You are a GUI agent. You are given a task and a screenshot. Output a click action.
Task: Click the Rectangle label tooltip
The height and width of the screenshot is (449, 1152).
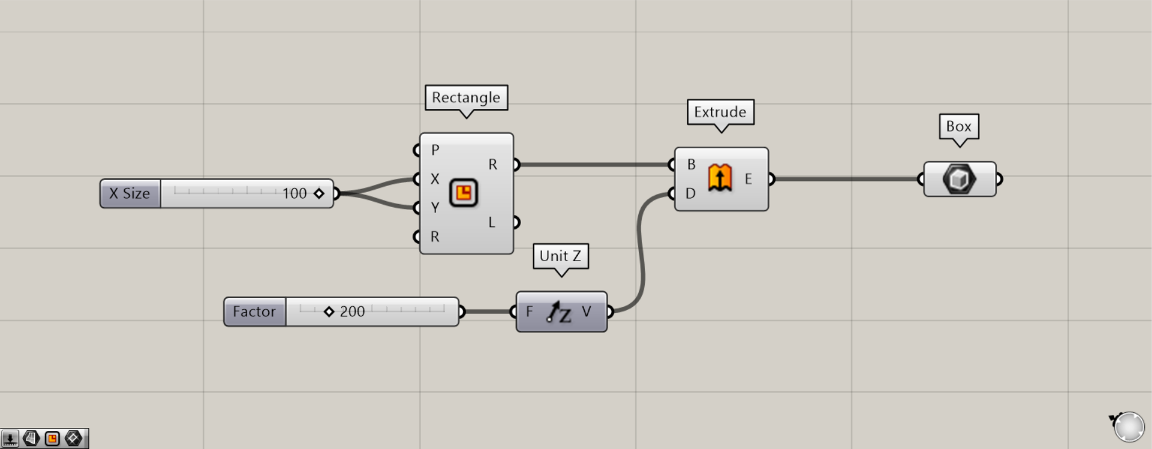point(466,98)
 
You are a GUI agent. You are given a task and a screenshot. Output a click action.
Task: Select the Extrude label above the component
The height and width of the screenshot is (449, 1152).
point(720,112)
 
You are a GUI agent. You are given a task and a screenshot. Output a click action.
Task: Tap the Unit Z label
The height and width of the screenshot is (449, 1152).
point(560,256)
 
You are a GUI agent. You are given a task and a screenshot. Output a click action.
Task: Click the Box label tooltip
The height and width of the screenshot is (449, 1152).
point(959,126)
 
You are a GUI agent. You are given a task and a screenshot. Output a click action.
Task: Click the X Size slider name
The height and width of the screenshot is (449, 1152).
point(130,193)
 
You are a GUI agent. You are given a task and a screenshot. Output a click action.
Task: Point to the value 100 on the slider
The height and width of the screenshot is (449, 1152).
point(294,193)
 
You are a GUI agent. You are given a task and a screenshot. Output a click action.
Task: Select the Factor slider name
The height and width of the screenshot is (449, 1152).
point(254,312)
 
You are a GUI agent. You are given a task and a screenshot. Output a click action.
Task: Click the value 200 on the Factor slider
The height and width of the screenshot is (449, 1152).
point(352,312)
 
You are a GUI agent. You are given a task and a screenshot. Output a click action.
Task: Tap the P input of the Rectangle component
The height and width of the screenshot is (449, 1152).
point(434,150)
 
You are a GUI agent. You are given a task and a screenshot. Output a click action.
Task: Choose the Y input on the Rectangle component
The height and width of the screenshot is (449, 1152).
point(434,208)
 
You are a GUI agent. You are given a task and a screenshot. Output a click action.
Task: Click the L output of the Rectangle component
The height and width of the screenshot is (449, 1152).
point(492,222)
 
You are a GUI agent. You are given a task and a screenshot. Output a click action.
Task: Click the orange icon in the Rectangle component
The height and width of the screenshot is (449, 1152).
point(463,193)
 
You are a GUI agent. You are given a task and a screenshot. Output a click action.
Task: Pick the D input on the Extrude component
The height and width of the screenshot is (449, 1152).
point(690,193)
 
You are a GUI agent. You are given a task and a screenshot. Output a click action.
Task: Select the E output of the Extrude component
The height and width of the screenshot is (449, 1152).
point(748,179)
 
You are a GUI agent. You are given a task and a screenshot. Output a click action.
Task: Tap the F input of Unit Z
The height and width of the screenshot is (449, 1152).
point(529,312)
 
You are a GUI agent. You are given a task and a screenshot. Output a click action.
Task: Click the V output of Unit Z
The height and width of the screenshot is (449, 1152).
point(587,312)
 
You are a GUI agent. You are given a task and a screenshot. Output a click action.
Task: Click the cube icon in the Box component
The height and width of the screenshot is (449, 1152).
point(959,179)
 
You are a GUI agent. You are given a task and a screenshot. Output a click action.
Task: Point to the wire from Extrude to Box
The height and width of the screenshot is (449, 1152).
point(845,179)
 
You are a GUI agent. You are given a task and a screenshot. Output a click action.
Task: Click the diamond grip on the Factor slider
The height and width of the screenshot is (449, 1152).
point(328,312)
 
